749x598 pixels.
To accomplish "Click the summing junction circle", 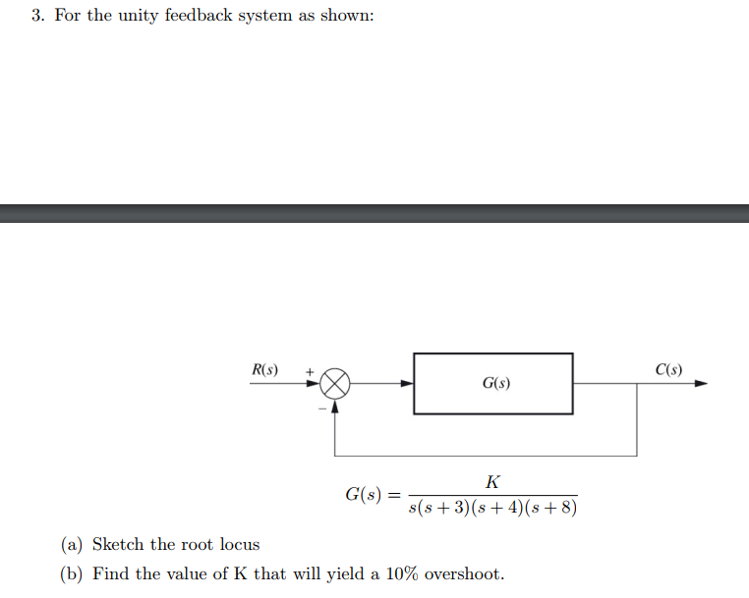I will point(336,384).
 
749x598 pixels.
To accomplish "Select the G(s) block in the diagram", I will point(492,383).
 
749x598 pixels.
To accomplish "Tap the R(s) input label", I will point(264,370).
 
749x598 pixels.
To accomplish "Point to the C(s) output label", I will point(667,370).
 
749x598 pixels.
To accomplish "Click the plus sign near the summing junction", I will point(308,372).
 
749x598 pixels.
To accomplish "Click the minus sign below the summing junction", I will point(319,408).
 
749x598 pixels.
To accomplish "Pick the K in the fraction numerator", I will point(492,481).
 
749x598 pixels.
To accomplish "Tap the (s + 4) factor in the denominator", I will point(497,509).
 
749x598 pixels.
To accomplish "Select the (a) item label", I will point(73,544).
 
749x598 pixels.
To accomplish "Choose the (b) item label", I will point(73,573).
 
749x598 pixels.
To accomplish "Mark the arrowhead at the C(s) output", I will point(701,384).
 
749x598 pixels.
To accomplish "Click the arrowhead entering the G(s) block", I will point(407,384).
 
